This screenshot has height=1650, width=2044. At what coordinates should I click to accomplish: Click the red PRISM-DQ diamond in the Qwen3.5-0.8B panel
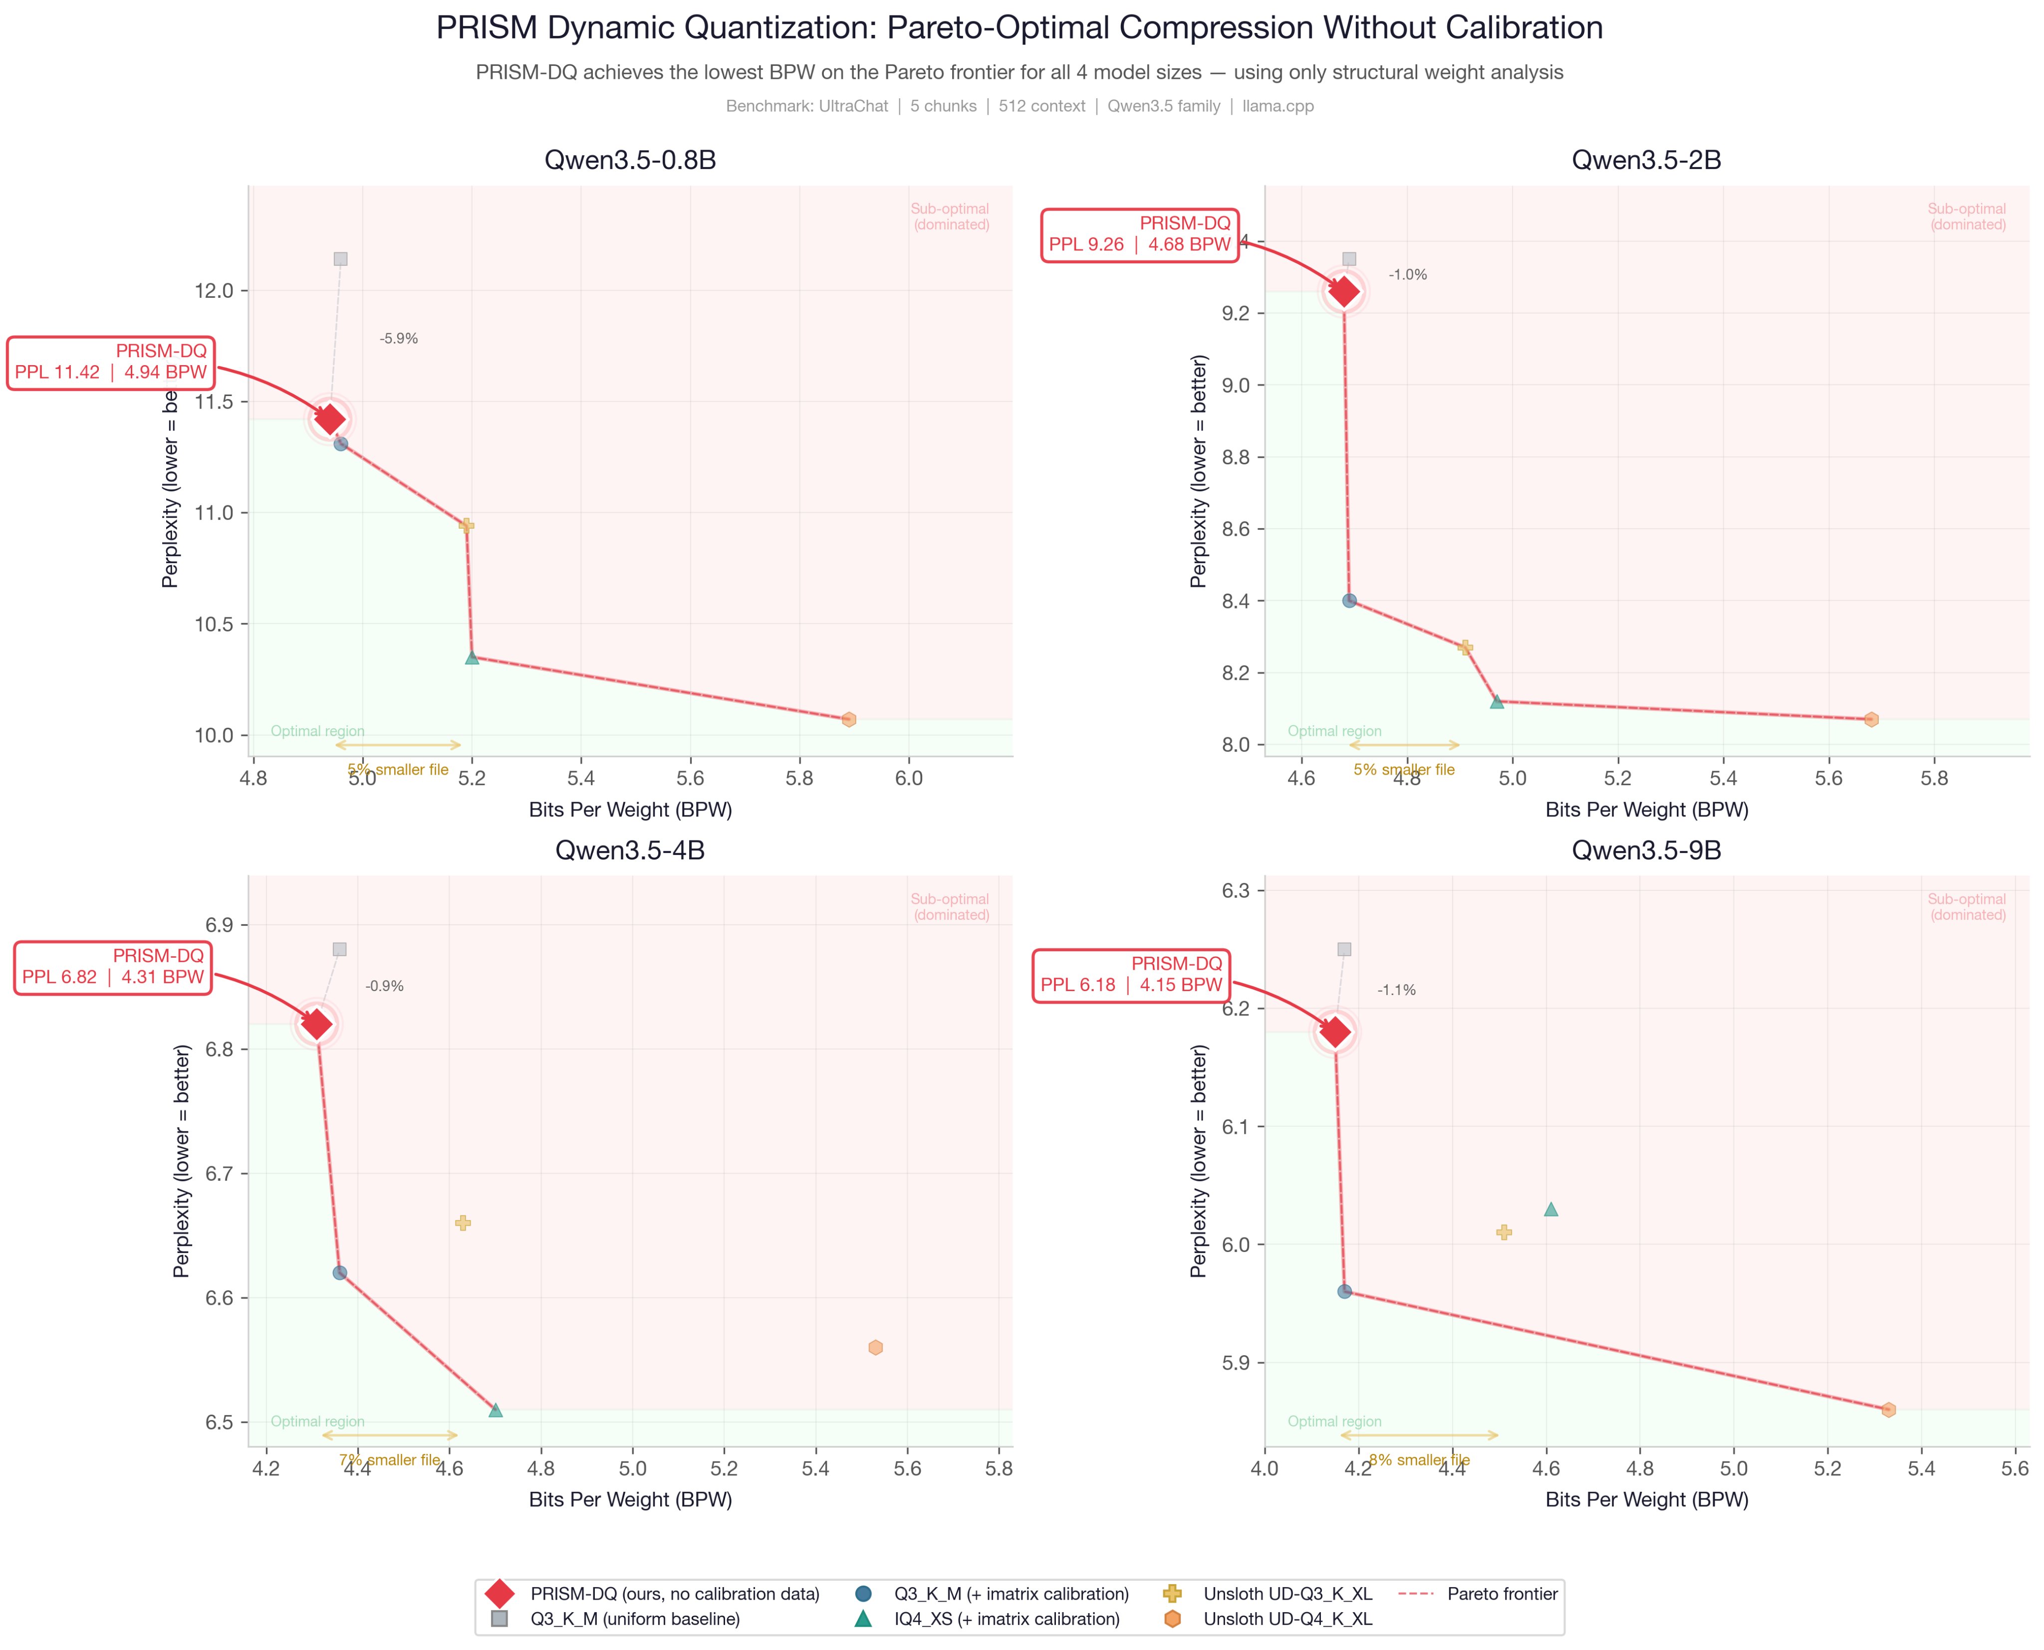coord(330,419)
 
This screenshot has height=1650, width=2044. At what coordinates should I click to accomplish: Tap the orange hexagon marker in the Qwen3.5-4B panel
coord(876,1348)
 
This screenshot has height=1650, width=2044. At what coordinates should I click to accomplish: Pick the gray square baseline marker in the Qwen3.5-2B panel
coord(1349,258)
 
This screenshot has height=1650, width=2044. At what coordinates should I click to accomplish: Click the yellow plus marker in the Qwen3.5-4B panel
coord(463,1223)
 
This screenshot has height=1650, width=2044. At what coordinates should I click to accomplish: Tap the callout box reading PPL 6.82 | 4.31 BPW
coord(113,967)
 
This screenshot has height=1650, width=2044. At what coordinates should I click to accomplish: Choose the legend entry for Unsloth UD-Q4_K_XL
coord(1287,1619)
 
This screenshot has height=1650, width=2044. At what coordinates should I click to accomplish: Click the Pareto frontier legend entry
coord(1502,1594)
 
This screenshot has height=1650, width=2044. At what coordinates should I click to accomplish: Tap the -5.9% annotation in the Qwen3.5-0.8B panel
coord(398,338)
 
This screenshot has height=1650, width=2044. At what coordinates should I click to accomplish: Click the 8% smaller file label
coord(1419,1460)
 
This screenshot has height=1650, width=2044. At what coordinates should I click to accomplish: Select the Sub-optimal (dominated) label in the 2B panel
coord(1967,216)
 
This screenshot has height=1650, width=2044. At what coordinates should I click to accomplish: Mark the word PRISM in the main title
coord(488,27)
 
